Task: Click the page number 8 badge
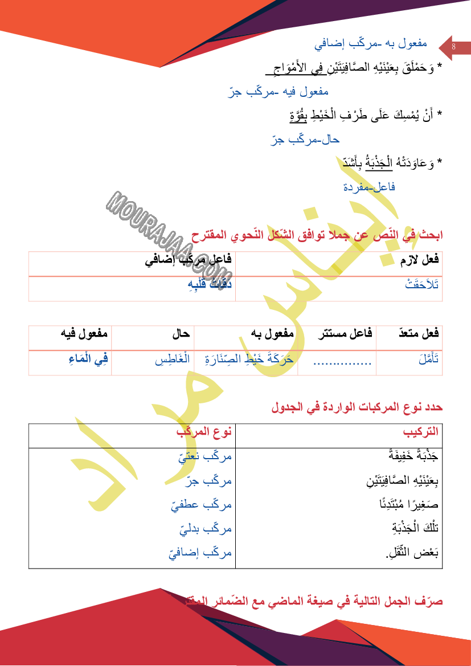(x=453, y=47)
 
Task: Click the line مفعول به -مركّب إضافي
(x=370, y=44)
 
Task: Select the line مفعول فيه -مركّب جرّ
(x=278, y=91)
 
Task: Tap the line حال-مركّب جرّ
(x=305, y=139)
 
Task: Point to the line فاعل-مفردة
(x=369, y=187)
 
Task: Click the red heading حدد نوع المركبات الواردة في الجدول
(x=357, y=407)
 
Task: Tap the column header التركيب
(x=421, y=432)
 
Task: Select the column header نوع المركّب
(x=204, y=432)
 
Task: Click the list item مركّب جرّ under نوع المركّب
(x=208, y=481)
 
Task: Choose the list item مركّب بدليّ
(x=205, y=529)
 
